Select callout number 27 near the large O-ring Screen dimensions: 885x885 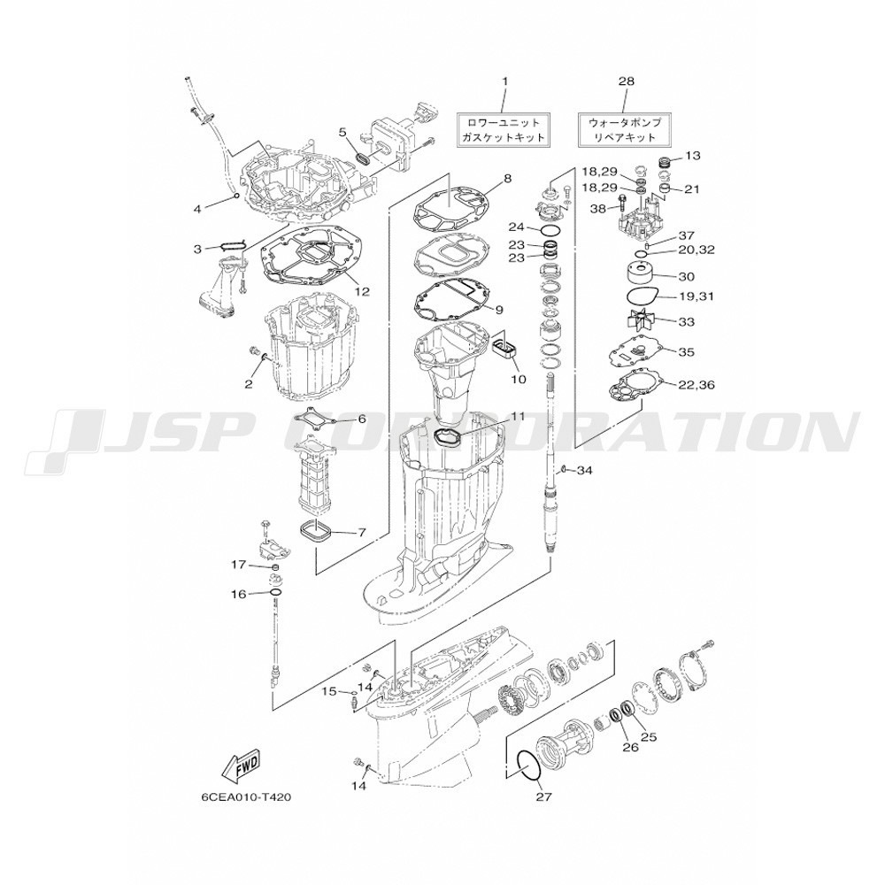coord(544,797)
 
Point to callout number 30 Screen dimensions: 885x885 coord(687,276)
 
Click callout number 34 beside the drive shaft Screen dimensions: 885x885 coord(584,470)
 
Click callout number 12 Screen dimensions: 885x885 coord(362,291)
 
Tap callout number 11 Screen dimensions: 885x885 coord(518,417)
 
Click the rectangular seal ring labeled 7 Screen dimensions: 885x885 coord(316,533)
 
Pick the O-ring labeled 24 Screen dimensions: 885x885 coord(550,230)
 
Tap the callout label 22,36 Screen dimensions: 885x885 coord(696,385)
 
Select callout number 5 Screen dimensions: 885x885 coord(342,133)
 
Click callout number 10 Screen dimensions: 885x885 coord(518,380)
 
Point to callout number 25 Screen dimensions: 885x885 coord(649,736)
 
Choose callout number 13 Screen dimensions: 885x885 coord(693,155)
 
